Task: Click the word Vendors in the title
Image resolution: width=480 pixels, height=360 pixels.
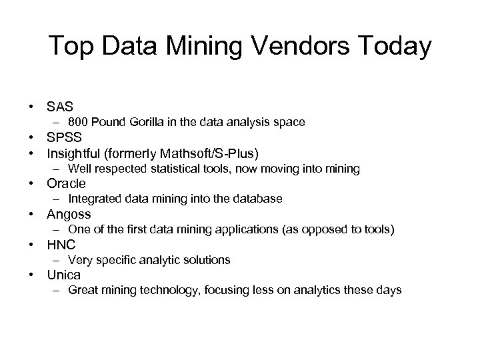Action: coord(309,47)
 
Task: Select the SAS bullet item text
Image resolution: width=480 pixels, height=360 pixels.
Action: coord(59,107)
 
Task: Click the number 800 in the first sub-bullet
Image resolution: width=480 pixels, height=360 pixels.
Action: coord(77,122)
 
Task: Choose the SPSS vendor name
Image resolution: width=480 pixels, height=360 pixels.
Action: coord(63,139)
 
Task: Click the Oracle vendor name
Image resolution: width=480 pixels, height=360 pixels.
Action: coord(66,184)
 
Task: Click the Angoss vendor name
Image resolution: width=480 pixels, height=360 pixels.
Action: coord(69,215)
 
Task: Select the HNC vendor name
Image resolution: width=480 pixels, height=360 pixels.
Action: coord(61,245)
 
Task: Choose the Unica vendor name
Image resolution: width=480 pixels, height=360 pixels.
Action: coord(63,275)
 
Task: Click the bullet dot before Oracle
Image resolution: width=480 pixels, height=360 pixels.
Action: coord(31,184)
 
